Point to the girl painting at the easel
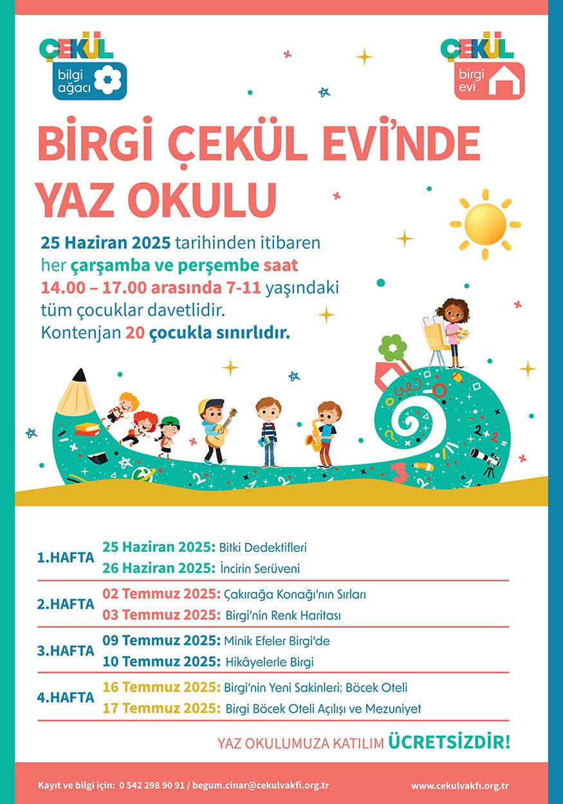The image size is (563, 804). (455, 328)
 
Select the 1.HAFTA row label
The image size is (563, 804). (66, 558)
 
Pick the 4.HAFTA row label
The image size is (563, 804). (66, 697)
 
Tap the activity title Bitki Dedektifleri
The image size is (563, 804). (263, 548)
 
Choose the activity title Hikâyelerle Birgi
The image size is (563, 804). (270, 661)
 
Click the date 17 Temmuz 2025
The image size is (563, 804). (162, 708)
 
